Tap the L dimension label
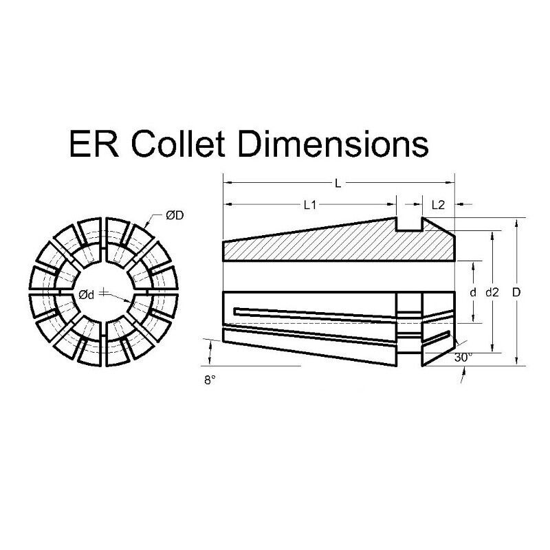[x=338, y=183]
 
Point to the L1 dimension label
[x=309, y=205]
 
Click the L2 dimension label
[x=438, y=205]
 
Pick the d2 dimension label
[x=492, y=292]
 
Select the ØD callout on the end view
[x=174, y=216]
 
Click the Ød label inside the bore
[x=86, y=294]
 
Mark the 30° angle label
[x=463, y=358]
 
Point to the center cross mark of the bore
[x=103, y=294]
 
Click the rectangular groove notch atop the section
[x=410, y=223]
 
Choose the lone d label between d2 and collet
[x=473, y=292]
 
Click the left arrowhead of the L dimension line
[x=227, y=183]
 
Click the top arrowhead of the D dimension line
[x=516, y=221]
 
